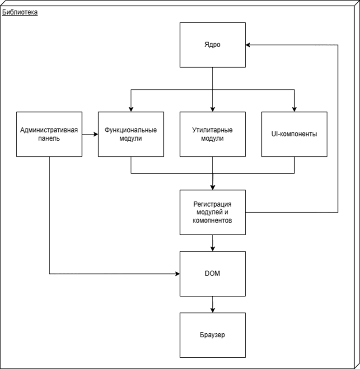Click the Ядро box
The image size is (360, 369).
point(212,45)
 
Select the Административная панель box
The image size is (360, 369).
point(49,134)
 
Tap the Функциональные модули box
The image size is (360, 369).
point(131,134)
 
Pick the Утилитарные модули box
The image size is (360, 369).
point(212,134)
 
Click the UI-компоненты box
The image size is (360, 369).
point(295,134)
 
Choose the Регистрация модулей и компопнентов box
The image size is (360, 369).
point(212,213)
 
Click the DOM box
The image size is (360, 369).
point(212,274)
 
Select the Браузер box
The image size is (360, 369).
point(212,335)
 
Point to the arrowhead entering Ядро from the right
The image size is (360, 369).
point(248,45)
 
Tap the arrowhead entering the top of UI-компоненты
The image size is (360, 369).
point(295,109)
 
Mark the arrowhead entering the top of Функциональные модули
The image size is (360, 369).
point(131,109)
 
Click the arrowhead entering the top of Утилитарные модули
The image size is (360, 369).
point(212,109)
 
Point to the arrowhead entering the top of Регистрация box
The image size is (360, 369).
point(212,187)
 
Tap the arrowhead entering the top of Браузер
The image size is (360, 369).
point(212,310)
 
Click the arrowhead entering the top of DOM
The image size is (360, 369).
point(212,249)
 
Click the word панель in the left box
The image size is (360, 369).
point(49,138)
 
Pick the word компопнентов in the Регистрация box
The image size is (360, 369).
point(212,221)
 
